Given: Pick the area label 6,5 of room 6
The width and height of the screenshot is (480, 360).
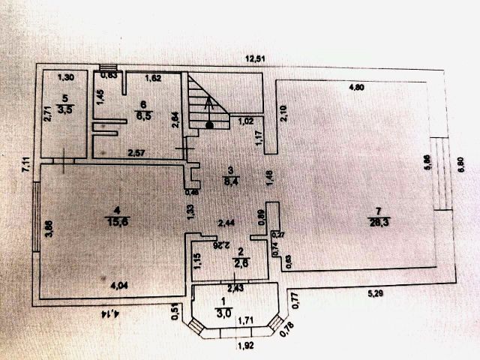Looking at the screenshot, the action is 142,115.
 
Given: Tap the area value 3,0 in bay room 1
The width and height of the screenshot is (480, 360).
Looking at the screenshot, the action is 223,313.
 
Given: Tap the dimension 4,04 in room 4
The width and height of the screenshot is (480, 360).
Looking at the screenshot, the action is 119,285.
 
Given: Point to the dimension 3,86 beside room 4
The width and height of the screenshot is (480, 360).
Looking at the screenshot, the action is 47,227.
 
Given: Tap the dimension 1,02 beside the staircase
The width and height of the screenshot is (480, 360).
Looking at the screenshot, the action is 245,121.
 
